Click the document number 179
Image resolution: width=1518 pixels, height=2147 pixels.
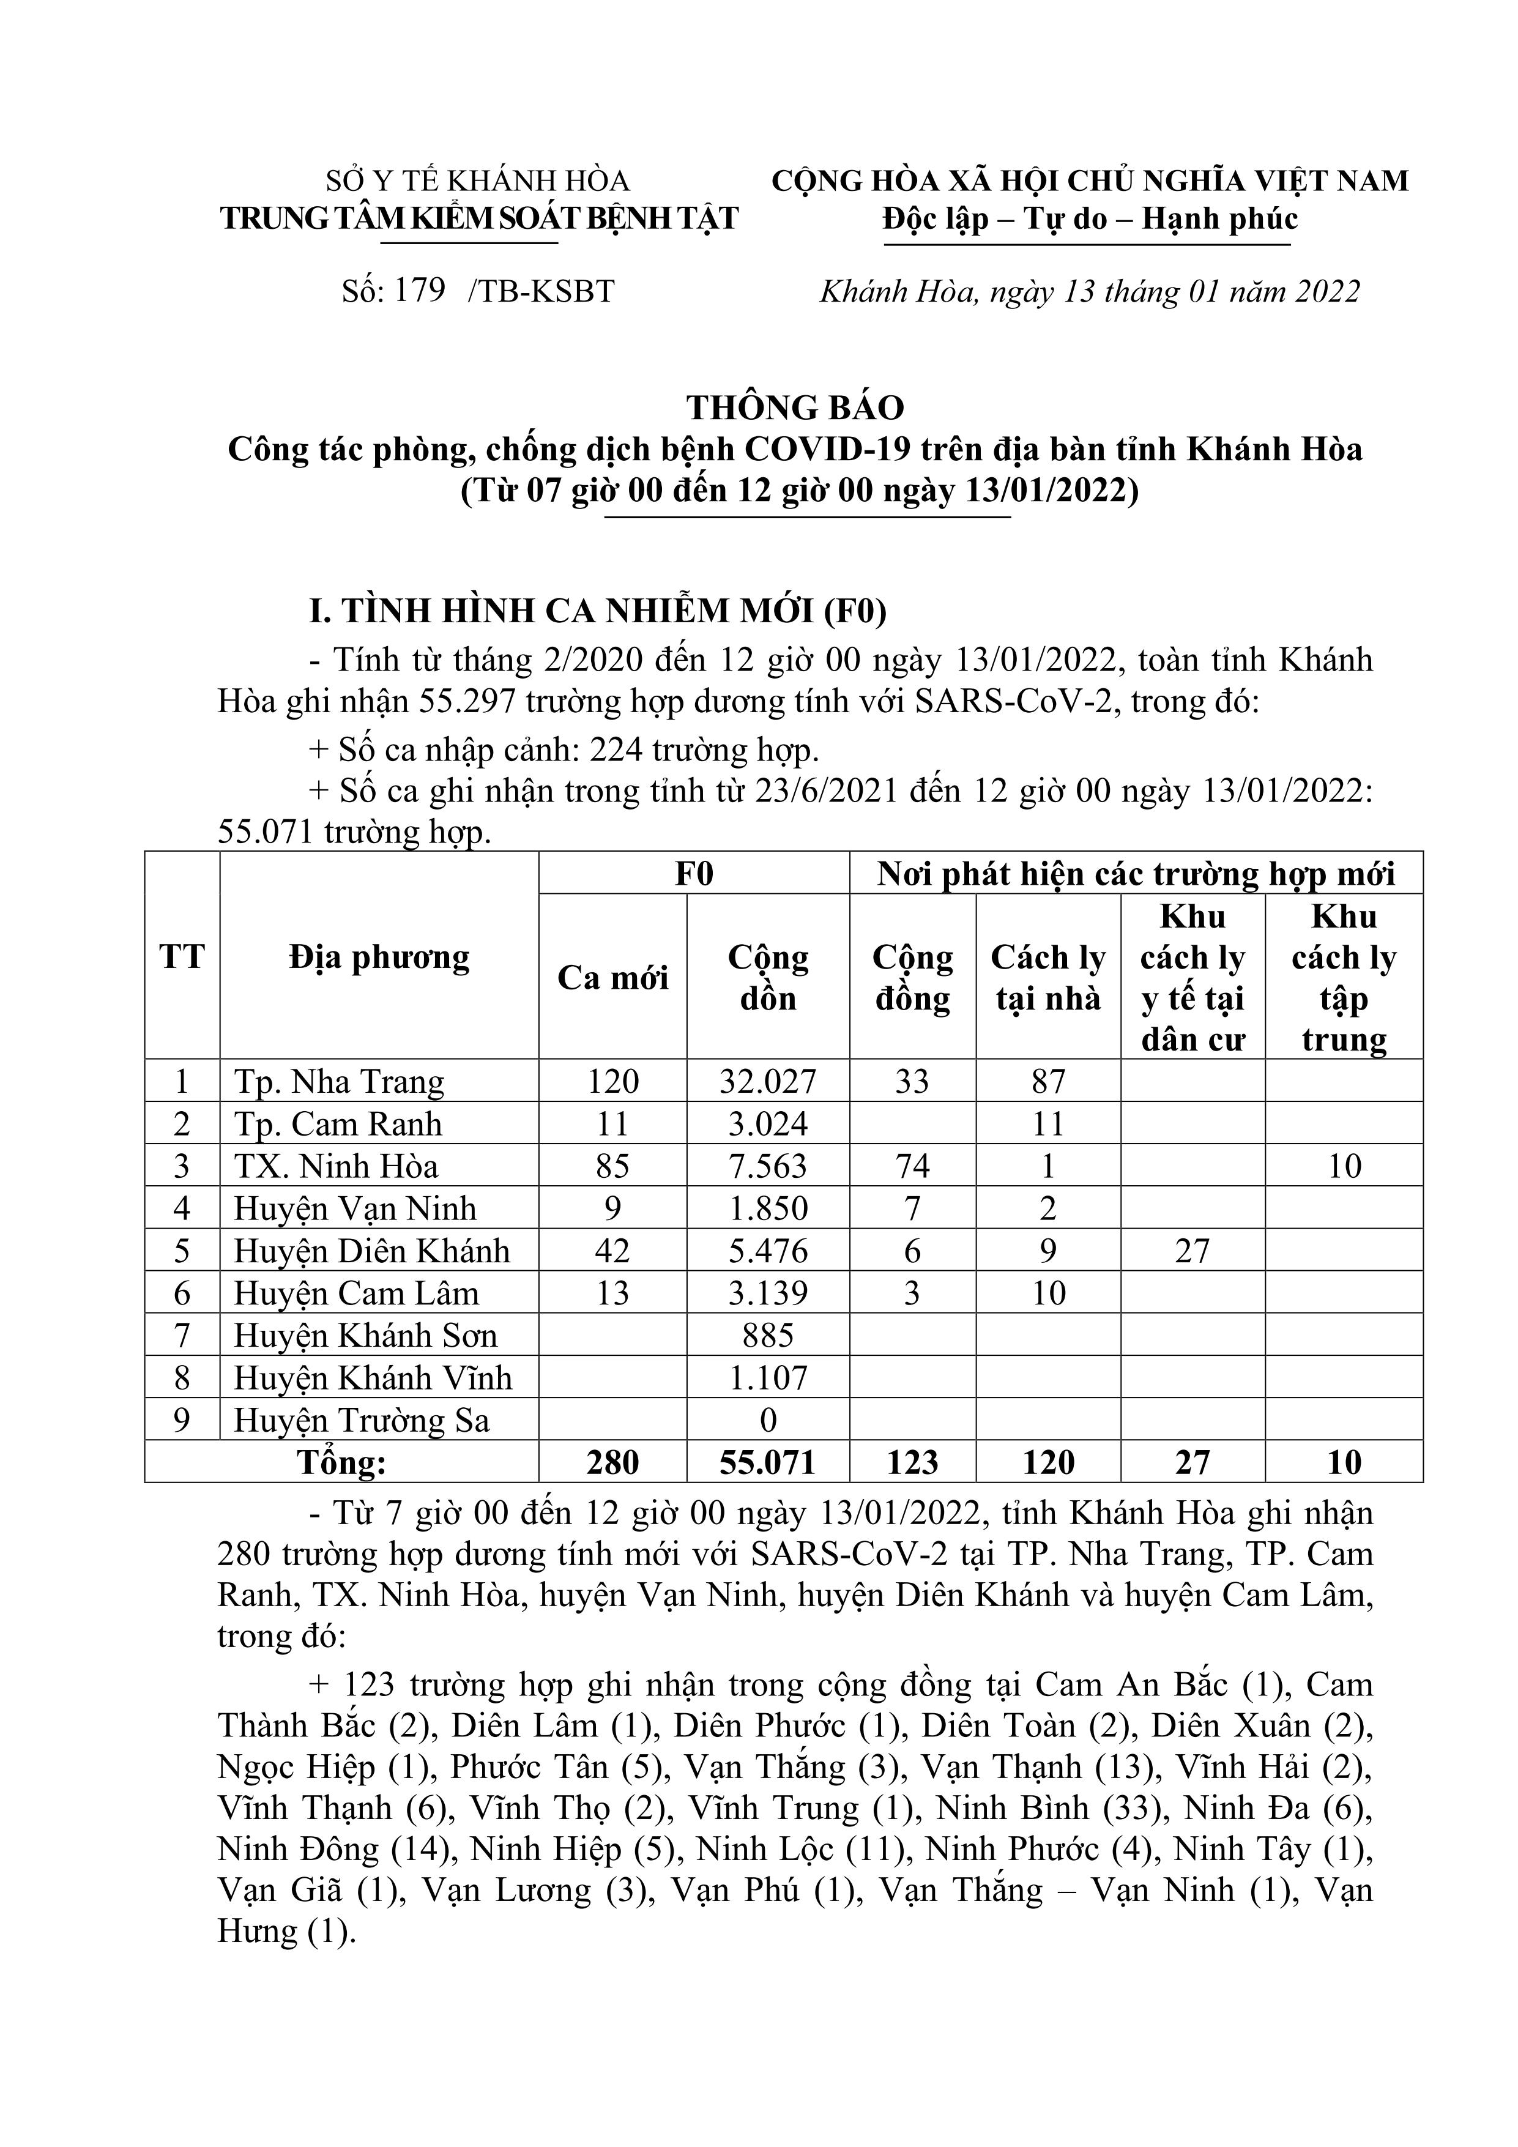419,291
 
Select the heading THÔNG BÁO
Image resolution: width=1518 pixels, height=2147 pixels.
795,407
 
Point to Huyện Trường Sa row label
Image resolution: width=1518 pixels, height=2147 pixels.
361,1421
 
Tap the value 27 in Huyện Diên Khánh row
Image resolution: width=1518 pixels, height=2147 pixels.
1192,1251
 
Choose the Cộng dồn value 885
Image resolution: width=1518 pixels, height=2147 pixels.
768,1335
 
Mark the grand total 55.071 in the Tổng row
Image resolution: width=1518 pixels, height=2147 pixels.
768,1462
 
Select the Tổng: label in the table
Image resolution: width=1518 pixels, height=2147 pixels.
341,1462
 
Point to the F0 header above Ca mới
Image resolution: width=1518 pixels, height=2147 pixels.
694,873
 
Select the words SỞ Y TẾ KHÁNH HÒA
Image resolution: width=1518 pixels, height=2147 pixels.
477,180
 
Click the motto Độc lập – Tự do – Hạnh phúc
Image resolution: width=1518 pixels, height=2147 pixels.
1090,219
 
